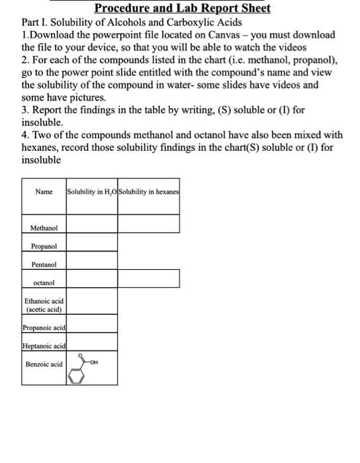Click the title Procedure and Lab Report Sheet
coord(182,9)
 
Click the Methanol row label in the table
coord(44,228)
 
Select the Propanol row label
coord(44,246)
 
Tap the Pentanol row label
coord(44,265)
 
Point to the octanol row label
coord(44,282)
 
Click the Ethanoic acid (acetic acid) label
coord(44,305)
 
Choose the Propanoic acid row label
coord(44,327)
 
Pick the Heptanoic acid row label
coord(44,346)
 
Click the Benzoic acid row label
coord(44,364)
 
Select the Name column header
coord(44,192)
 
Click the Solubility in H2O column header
coord(91,192)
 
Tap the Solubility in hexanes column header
coord(149,192)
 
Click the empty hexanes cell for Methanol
coord(148,224)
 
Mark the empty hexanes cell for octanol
coord(148,278)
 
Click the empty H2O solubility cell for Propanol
coord(91,243)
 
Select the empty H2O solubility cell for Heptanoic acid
coord(91,342)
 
